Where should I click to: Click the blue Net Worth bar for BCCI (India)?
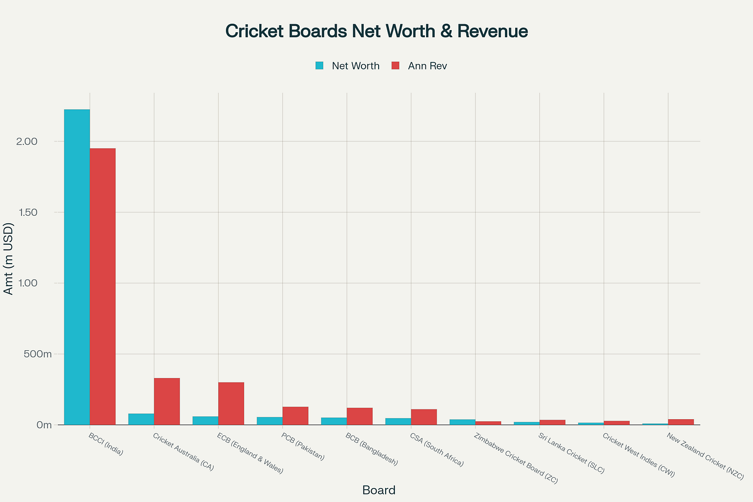77,267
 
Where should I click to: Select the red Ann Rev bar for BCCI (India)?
103,286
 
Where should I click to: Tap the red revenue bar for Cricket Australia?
167,401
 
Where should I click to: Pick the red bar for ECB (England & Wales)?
231,404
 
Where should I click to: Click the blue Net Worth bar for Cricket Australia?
141,419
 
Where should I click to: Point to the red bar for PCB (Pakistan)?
295,416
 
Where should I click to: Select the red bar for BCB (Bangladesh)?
360,416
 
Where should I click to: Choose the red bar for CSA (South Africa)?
424,417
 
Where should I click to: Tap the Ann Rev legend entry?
420,66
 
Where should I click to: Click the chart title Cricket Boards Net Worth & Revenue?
376,31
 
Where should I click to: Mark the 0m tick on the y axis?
44,425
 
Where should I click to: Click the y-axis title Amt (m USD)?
8,258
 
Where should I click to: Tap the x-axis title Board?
379,490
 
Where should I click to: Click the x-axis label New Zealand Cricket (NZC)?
705,456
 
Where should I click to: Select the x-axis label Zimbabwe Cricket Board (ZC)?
516,458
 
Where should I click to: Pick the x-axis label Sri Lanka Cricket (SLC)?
571,453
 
